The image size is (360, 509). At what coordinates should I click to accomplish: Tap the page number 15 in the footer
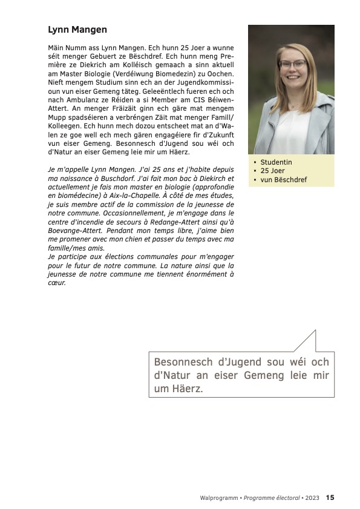point(330,498)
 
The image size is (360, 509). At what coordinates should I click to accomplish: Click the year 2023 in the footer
point(312,498)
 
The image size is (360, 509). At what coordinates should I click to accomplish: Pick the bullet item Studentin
point(276,162)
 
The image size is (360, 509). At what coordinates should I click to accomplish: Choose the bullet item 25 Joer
point(272,171)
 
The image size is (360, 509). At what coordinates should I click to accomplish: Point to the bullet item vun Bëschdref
point(283,180)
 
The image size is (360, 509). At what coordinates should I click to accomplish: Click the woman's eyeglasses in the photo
point(293,64)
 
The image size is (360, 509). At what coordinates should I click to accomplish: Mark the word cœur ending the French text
point(57,283)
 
